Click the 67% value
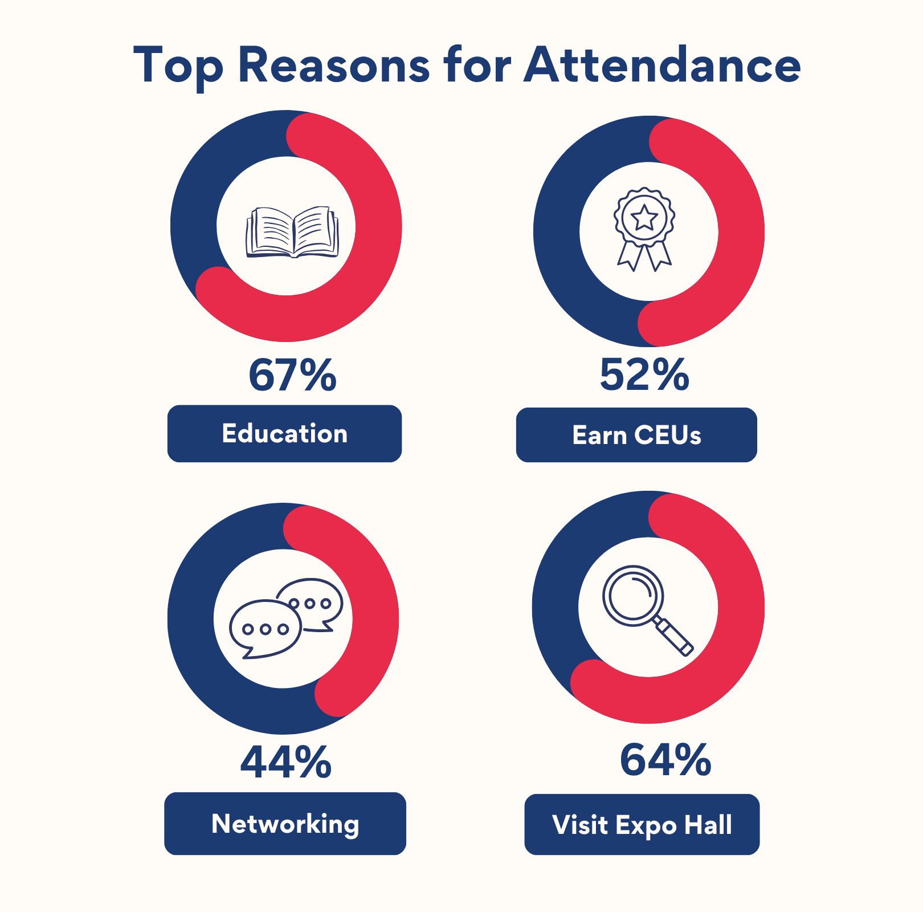click(292, 375)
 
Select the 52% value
click(644, 375)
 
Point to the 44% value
click(285, 762)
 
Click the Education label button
click(284, 434)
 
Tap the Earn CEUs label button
click(636, 435)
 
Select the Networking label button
click(285, 824)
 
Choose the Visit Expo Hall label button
click(642, 825)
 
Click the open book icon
click(292, 232)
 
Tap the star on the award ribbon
click(644, 217)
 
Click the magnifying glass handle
click(675, 637)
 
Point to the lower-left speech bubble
click(264, 629)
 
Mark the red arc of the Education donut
click(378, 228)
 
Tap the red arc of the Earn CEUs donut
click(741, 231)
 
